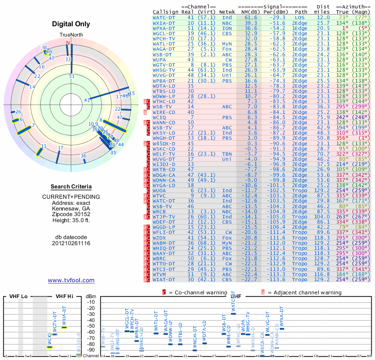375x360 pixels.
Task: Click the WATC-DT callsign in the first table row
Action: [164, 17]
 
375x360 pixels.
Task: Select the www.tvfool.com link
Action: [71, 280]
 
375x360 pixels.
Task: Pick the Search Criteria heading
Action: [71, 187]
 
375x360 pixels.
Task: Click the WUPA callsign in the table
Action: [160, 60]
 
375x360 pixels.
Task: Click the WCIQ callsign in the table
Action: [160, 117]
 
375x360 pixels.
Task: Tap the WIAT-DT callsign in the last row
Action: [164, 280]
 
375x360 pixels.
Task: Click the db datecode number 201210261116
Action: [71, 243]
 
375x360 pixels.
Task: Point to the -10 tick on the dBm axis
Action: [90, 302]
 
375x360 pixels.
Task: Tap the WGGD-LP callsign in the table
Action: [164, 227]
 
